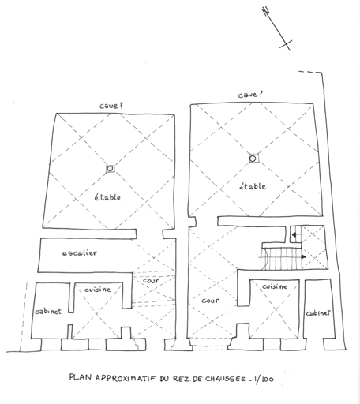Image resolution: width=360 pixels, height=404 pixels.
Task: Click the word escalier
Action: point(80,253)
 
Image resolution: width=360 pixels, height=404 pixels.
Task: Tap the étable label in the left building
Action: point(107,197)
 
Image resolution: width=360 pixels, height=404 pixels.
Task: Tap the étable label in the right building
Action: point(253,186)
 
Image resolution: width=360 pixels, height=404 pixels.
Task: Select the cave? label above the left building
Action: point(111,106)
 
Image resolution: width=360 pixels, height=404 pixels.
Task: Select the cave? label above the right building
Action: point(250,95)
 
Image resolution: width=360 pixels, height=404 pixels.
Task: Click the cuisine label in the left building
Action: point(97,290)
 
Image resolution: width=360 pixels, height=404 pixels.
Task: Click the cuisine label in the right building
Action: point(275,286)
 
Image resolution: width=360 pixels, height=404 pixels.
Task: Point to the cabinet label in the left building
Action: point(48,312)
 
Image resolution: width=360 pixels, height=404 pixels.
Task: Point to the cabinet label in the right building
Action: point(318,312)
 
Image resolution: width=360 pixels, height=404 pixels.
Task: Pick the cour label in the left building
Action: point(151,281)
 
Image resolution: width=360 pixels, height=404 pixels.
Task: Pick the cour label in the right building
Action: point(210,301)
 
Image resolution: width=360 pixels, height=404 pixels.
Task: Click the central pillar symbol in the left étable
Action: point(111,168)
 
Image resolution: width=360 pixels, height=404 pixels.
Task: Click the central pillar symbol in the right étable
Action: point(253,159)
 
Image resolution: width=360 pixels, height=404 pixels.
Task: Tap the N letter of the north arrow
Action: point(266,11)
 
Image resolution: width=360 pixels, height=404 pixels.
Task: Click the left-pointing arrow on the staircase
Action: point(298,234)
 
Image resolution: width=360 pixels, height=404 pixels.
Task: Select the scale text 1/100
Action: point(264,379)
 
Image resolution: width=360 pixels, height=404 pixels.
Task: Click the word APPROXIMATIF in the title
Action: point(126,378)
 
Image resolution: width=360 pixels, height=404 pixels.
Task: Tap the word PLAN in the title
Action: point(81,377)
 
